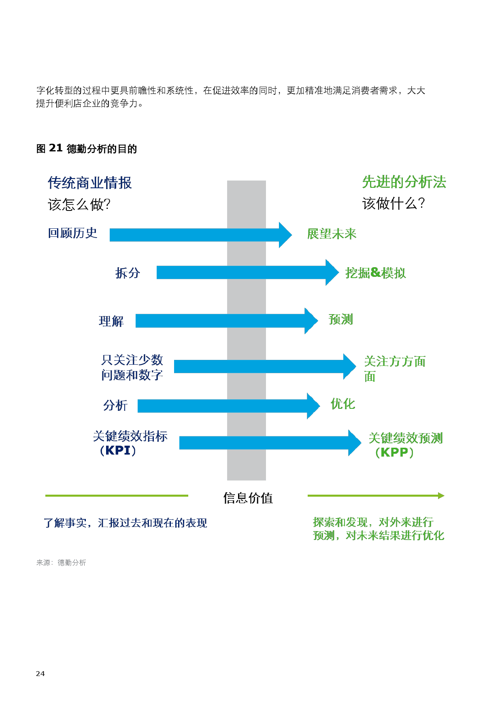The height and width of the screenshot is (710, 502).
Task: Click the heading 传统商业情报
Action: coord(89,183)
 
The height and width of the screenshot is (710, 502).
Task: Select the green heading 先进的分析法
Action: coord(404,182)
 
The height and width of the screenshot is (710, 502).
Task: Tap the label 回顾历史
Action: coord(72,233)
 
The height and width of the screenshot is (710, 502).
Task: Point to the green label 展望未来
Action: coord(332,234)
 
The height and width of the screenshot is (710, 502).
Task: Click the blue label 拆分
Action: coord(128,273)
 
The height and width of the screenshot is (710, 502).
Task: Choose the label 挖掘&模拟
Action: coord(375,273)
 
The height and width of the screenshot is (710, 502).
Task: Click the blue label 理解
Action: coord(111,321)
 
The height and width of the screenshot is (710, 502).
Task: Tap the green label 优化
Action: coord(342,404)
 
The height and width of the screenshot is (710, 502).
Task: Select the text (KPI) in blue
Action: coord(118,451)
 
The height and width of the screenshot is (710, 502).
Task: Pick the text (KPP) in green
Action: coord(394,453)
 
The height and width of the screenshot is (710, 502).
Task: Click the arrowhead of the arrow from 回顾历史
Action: coord(285,235)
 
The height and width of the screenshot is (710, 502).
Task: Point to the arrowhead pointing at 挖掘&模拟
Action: coord(332,272)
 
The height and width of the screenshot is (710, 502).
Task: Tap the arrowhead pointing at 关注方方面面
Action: coord(349,366)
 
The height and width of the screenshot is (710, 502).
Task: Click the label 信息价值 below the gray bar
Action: coord(248,498)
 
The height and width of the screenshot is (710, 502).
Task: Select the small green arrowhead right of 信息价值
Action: coord(441,495)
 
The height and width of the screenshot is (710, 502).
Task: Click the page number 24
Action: coord(40,674)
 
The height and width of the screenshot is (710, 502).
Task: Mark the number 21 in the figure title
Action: coord(55,148)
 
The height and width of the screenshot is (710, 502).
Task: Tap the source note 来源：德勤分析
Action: coord(61,563)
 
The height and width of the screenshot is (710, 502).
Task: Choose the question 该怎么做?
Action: coord(79,205)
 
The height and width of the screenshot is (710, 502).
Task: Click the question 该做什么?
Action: coord(394,204)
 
